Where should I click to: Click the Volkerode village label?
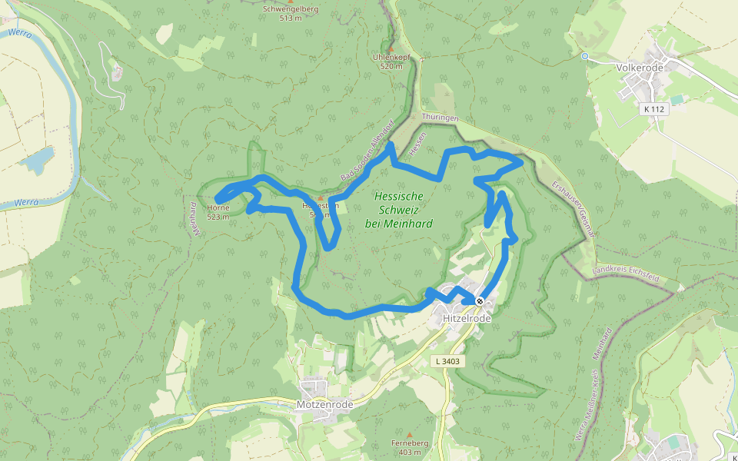[x=639, y=67]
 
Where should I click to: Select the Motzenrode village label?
[x=324, y=404]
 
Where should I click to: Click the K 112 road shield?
[x=654, y=110]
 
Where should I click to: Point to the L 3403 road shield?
[x=447, y=361]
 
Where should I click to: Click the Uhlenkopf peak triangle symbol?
[x=391, y=49]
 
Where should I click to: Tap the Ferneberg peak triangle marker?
[x=409, y=434]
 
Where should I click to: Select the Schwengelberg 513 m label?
[x=290, y=13]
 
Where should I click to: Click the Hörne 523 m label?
[x=218, y=212]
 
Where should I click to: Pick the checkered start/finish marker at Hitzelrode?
[x=480, y=301]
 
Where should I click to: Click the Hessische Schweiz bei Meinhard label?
[x=399, y=210]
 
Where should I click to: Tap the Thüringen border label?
[x=440, y=117]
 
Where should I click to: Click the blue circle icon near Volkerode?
[x=584, y=56]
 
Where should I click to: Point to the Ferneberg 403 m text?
[x=409, y=447]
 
